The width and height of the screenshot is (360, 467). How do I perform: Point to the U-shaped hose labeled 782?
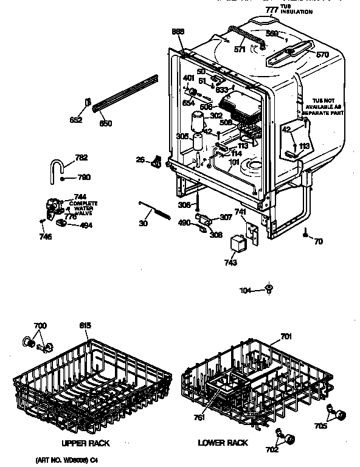[x=58, y=167]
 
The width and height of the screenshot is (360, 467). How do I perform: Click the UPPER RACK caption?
[x=85, y=443]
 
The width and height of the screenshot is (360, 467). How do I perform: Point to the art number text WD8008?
[x=60, y=460]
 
